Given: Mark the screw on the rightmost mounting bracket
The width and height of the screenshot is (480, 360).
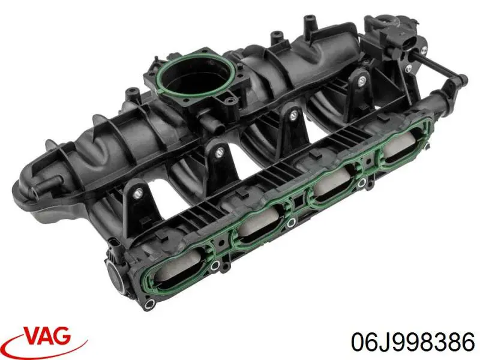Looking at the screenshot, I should tap(362, 83).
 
